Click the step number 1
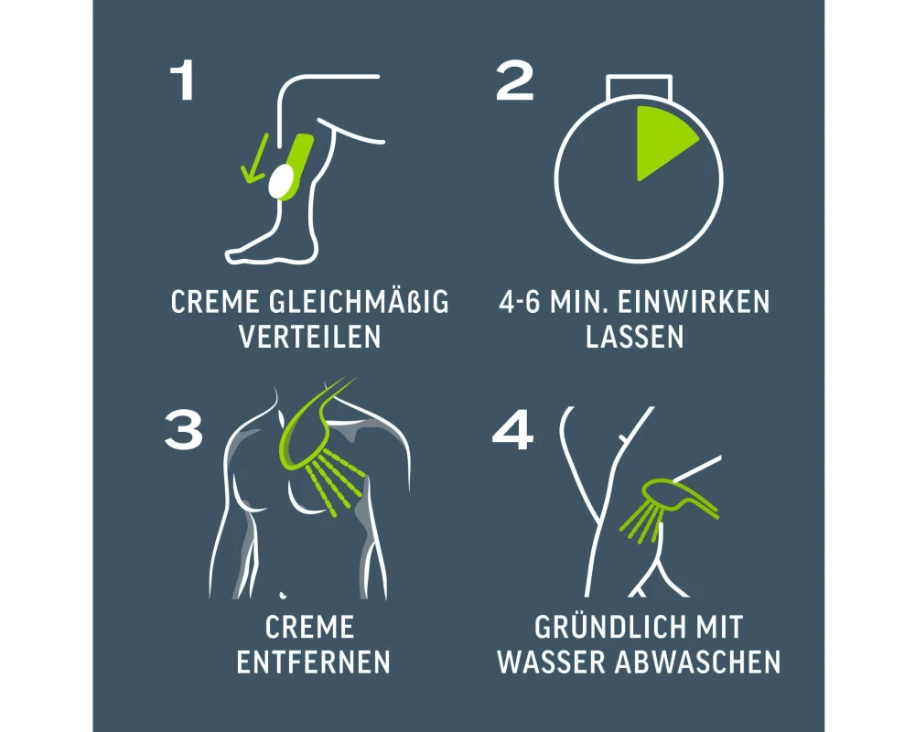[x=184, y=81]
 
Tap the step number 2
[x=514, y=81]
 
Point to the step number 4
[x=513, y=429]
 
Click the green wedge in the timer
[x=663, y=140]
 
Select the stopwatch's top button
[x=639, y=86]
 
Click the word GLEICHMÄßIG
[x=359, y=301]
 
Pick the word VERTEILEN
[x=310, y=337]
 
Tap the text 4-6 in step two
[x=520, y=302]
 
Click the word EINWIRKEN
[x=694, y=302]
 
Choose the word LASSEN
[x=634, y=337]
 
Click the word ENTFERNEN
[x=313, y=662]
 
